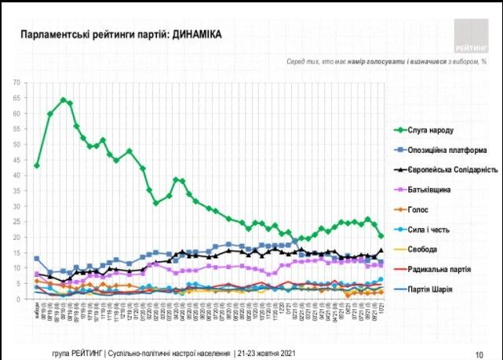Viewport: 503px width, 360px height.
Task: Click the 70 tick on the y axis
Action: pos(15,83)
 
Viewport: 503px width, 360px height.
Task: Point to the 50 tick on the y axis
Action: pos(15,145)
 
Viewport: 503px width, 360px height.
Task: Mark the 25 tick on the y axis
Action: pos(15,222)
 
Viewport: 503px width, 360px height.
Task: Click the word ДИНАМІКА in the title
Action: pos(193,35)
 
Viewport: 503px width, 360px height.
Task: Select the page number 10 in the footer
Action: pos(479,352)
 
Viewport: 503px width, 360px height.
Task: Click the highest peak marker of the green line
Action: pos(63,100)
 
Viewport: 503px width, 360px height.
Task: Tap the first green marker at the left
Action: pos(37,166)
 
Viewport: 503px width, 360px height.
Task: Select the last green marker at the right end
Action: pos(381,235)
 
